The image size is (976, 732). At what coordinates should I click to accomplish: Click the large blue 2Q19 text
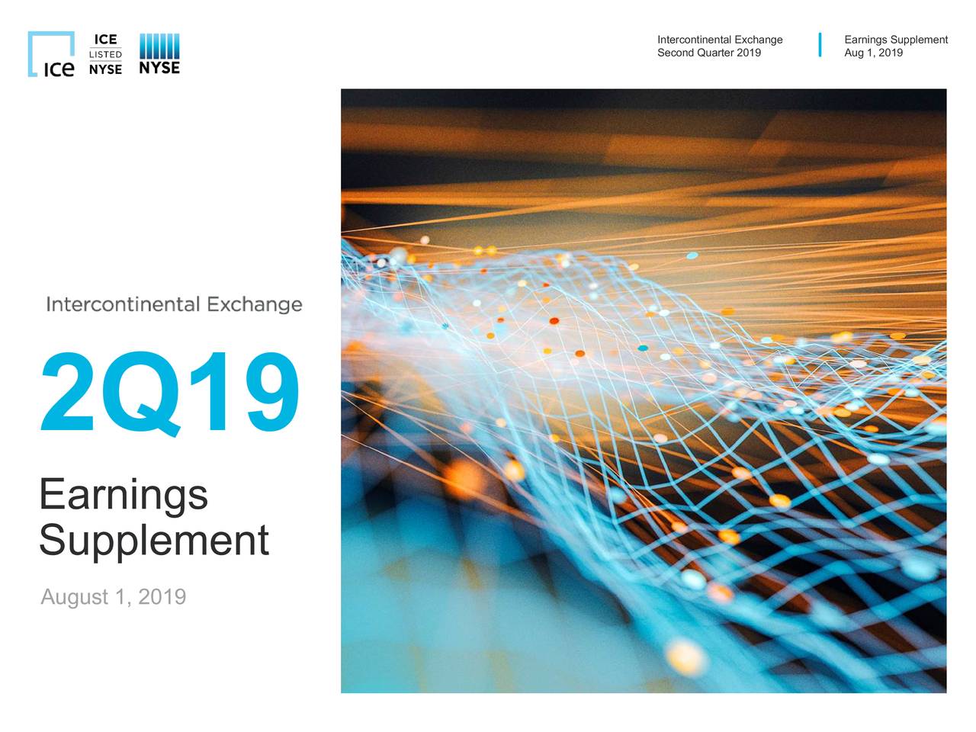pyautogui.click(x=169, y=393)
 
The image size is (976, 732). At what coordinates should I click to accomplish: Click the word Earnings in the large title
pyautogui.click(x=124, y=494)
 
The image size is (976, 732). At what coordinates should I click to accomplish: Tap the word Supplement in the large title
pyautogui.click(x=154, y=540)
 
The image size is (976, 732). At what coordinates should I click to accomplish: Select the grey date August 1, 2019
pyautogui.click(x=113, y=596)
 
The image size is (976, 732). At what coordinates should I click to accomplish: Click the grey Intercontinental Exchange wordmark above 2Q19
pyautogui.click(x=174, y=304)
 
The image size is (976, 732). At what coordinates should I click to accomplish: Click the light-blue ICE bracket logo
pyautogui.click(x=51, y=54)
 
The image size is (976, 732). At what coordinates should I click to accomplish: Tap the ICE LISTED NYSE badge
pyautogui.click(x=105, y=54)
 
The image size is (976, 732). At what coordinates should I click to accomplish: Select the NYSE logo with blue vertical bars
pyautogui.click(x=159, y=54)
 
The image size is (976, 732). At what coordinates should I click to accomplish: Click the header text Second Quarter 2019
pyautogui.click(x=709, y=53)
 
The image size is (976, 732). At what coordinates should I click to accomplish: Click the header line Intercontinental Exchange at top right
pyautogui.click(x=720, y=40)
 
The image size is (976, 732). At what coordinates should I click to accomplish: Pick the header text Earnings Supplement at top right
pyautogui.click(x=896, y=40)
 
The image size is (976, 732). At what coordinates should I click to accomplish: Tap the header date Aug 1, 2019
pyautogui.click(x=873, y=53)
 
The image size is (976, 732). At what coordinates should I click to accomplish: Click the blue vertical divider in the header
pyautogui.click(x=820, y=45)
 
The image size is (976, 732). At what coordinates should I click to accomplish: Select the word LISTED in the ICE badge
pyautogui.click(x=105, y=54)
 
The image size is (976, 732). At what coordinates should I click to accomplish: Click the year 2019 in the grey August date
pyautogui.click(x=162, y=596)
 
